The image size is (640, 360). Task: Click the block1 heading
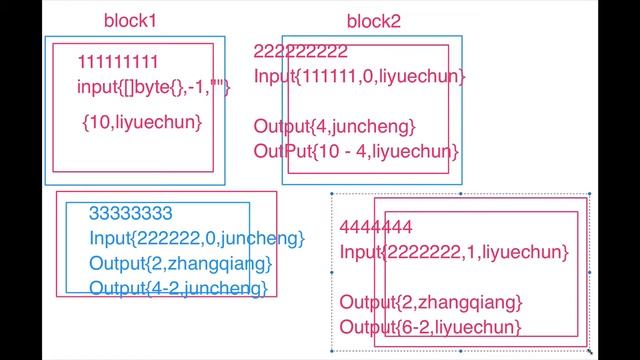[x=130, y=20]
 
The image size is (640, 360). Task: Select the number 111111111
[x=118, y=62]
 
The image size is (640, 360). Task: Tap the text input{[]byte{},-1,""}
[x=154, y=87]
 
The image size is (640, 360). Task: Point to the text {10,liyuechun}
[x=142, y=122]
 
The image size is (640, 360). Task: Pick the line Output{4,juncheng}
[x=333, y=127]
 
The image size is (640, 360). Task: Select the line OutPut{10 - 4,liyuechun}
[x=356, y=151]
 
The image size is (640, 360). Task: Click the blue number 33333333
[x=131, y=213]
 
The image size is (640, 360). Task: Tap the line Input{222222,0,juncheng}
[x=196, y=238]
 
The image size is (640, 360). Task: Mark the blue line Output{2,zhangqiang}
[x=180, y=263]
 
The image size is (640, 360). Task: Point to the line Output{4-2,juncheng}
[x=178, y=288]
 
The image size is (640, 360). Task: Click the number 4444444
[x=376, y=225]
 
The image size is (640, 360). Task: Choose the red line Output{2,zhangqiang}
[x=431, y=302]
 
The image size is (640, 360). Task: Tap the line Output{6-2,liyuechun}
[x=430, y=327]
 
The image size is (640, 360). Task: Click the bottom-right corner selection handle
[x=589, y=351]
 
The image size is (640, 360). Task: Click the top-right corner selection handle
[x=589, y=194]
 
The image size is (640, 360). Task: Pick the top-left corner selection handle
[x=332, y=194]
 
